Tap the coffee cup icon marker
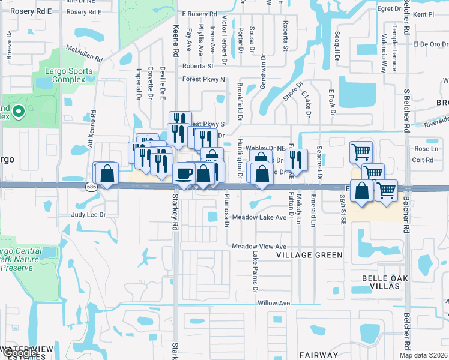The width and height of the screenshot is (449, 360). [184, 173]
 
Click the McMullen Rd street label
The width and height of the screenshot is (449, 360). [85, 54]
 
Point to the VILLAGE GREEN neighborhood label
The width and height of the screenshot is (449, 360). [309, 255]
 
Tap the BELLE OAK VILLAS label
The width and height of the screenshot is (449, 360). [381, 282]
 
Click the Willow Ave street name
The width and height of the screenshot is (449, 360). [275, 303]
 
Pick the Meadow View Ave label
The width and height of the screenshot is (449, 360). [259, 247]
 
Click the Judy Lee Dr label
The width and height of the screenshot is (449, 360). [89, 214]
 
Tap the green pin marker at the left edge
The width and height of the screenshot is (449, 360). [18, 110]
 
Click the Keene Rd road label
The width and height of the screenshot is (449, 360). [176, 42]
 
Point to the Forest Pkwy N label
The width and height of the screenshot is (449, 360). [205, 79]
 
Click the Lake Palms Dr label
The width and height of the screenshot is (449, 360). [255, 271]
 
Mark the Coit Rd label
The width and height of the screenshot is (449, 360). [423, 160]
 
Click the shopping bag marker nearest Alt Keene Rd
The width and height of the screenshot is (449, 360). [106, 174]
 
